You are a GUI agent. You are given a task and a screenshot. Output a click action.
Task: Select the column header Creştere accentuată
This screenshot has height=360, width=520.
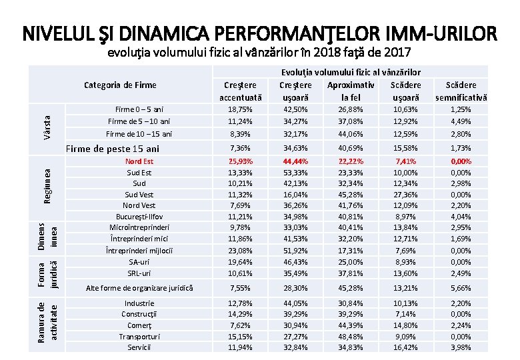click(240, 91)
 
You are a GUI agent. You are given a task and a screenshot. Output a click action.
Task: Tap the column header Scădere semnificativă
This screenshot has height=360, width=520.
click(461, 91)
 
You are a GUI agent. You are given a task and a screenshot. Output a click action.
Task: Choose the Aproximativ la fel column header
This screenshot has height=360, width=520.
click(351, 91)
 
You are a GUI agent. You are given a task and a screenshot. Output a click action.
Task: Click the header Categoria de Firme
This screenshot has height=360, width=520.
click(121, 85)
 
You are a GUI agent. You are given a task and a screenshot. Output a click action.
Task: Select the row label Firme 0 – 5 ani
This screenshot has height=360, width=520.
click(139, 109)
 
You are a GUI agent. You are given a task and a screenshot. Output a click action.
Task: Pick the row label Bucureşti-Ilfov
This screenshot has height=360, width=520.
click(139, 216)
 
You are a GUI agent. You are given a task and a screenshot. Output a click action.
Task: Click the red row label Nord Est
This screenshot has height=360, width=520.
click(139, 161)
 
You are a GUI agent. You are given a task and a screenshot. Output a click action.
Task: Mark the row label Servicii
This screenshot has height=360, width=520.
click(139, 347)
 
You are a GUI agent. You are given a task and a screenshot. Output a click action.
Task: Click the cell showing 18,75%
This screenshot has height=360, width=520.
click(240, 109)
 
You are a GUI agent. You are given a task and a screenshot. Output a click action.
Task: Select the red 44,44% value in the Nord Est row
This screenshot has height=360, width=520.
click(295, 161)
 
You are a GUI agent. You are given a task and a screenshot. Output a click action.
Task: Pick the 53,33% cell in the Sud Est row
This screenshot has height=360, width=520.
click(295, 172)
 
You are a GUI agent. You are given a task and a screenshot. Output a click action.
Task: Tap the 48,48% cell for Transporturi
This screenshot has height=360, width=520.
click(351, 337)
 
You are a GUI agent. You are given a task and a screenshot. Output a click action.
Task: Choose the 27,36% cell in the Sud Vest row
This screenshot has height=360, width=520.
click(405, 194)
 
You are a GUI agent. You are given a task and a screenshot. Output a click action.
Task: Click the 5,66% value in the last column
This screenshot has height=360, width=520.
click(461, 288)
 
